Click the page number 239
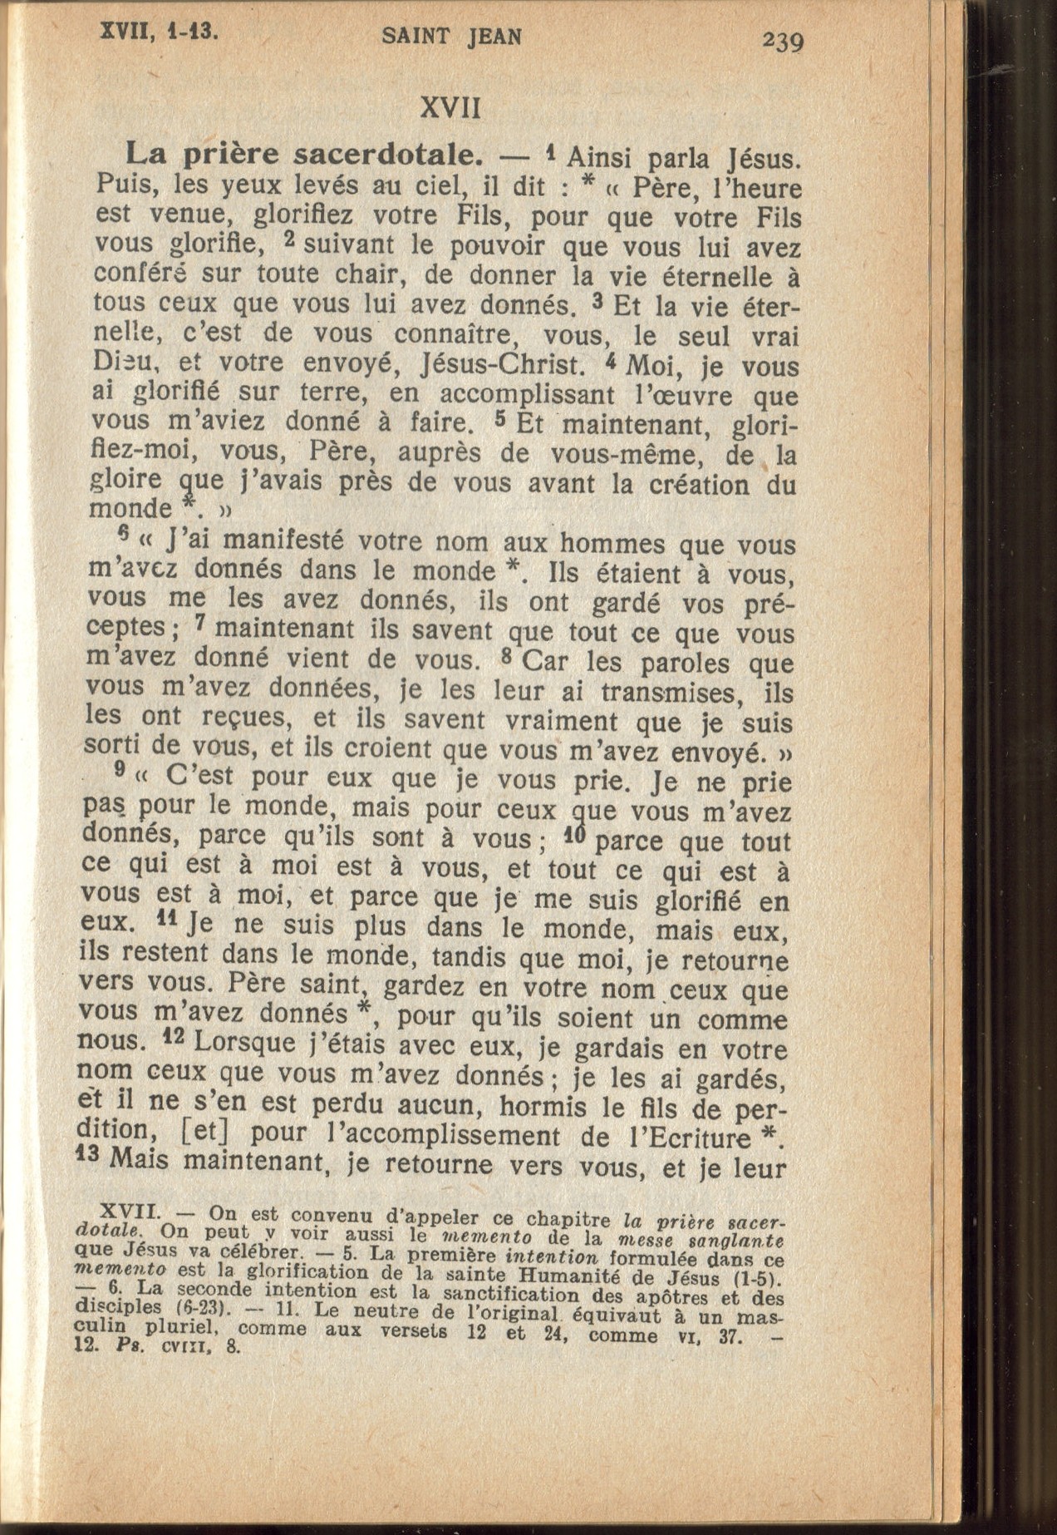[x=783, y=40]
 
